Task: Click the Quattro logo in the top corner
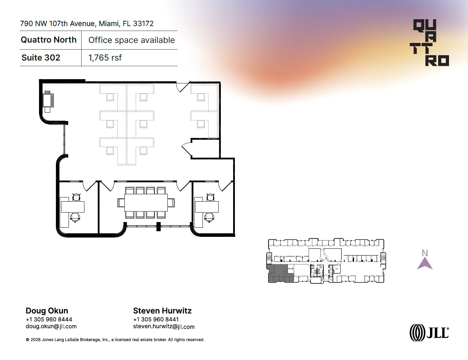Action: click(x=431, y=43)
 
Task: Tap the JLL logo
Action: click(x=429, y=333)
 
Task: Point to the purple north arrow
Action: click(x=425, y=263)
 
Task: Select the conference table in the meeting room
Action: click(x=146, y=202)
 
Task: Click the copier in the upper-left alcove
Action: click(x=48, y=100)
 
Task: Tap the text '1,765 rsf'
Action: click(x=105, y=58)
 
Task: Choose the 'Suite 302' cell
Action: click(x=41, y=58)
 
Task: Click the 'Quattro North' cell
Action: click(x=49, y=40)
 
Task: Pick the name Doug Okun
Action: click(x=47, y=311)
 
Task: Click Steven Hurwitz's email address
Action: click(x=164, y=327)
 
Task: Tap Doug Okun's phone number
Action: click(x=49, y=320)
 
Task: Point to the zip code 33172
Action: click(x=143, y=24)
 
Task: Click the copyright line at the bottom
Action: click(x=115, y=340)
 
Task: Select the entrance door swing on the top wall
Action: click(x=182, y=87)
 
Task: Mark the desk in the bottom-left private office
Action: click(x=72, y=207)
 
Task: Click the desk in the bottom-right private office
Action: click(x=207, y=207)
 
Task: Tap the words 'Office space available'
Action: click(x=132, y=40)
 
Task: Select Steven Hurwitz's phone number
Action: click(x=156, y=320)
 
